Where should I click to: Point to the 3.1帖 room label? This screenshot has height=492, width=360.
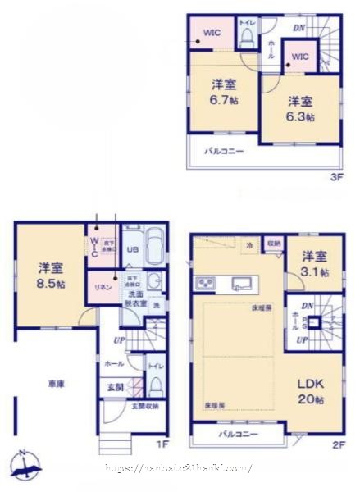(313, 262)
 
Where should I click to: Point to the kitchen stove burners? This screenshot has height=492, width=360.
(203, 283)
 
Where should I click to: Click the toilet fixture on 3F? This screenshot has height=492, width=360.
(248, 43)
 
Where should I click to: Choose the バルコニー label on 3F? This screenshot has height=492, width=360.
(224, 150)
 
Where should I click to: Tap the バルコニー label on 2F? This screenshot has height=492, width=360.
(238, 434)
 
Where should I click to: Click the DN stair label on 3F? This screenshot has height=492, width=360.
(300, 26)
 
